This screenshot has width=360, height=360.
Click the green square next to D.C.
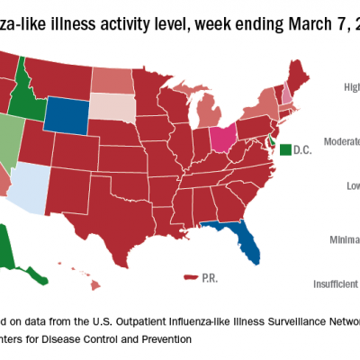(285, 148)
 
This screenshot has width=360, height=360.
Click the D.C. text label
(303, 148)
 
